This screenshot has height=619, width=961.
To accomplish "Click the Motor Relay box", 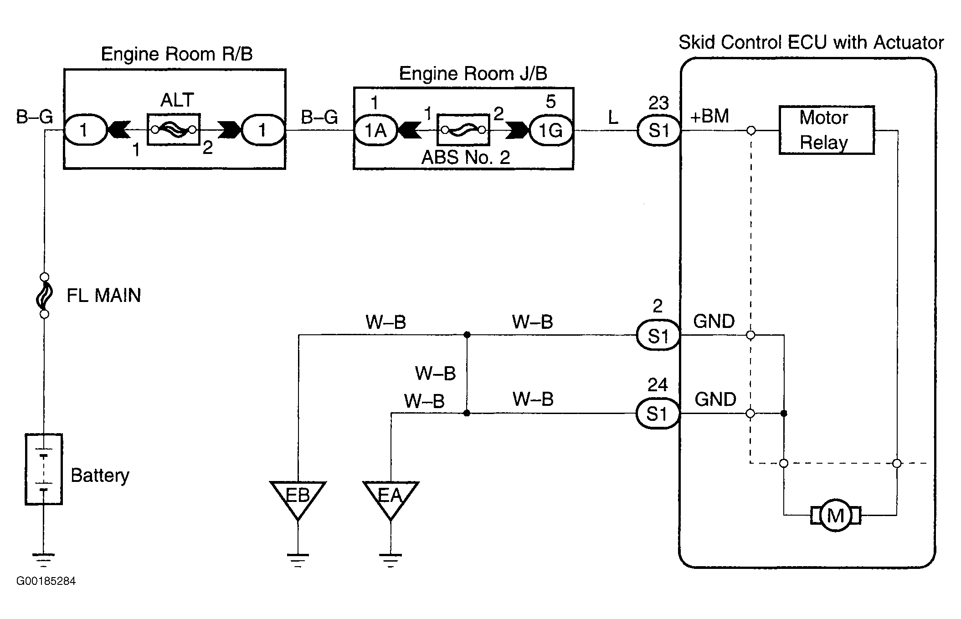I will [x=826, y=130].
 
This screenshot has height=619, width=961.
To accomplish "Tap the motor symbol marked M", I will [x=835, y=516].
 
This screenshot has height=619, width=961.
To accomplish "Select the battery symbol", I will [x=43, y=469].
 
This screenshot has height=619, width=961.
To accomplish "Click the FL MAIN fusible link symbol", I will [x=44, y=296].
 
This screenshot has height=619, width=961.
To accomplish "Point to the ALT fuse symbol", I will [x=174, y=130].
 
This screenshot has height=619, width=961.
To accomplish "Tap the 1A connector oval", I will [x=375, y=131].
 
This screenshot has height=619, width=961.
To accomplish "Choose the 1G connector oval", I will [x=551, y=131].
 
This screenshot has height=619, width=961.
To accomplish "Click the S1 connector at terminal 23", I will [x=658, y=131].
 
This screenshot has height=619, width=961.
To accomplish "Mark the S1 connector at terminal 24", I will [x=658, y=414].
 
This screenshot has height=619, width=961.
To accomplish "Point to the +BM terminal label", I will [x=709, y=116].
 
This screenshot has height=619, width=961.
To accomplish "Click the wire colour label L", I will [x=613, y=118].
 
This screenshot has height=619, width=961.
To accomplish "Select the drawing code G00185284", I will [x=46, y=581].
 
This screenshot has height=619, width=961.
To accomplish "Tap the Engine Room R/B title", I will [x=176, y=54].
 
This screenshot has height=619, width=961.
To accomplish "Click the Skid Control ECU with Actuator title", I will [x=811, y=43].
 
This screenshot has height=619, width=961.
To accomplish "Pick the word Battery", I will [x=100, y=476].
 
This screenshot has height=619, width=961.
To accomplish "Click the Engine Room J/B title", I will [x=473, y=73].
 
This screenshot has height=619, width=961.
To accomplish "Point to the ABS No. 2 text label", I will [x=465, y=158].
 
